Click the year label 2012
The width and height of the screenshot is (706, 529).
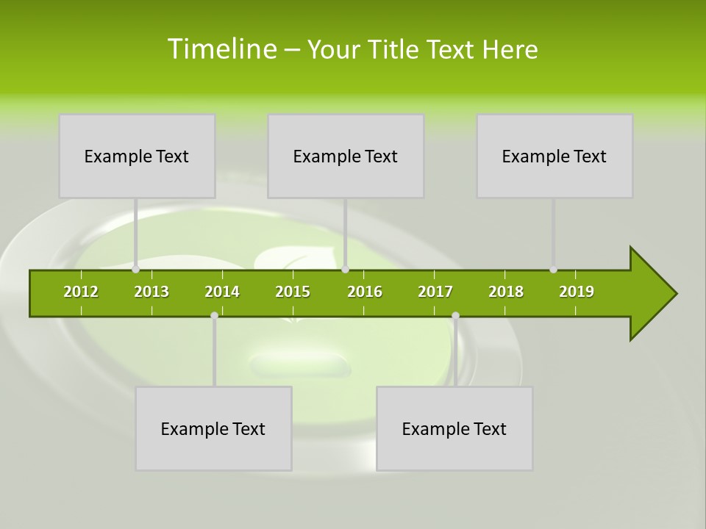point(81,292)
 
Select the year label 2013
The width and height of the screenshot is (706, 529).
point(151,292)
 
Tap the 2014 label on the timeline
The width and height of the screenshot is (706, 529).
point(222,292)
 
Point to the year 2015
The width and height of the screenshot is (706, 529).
point(293,292)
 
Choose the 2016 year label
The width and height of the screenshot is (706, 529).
point(365,292)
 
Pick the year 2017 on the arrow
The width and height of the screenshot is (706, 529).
point(435,292)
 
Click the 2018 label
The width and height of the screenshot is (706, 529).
point(506,292)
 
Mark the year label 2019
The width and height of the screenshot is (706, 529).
point(577,292)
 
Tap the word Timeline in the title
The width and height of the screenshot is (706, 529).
point(221,49)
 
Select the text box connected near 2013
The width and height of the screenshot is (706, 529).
point(137,156)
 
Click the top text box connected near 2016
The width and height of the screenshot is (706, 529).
point(346,156)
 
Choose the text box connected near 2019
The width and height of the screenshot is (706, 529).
point(555,156)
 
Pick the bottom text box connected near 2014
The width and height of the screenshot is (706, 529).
point(213,428)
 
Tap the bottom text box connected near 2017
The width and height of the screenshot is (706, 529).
point(454,428)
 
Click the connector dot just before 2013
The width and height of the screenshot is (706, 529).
point(136,270)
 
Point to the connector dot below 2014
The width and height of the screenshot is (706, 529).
point(214,316)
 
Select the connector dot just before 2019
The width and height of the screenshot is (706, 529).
point(554,270)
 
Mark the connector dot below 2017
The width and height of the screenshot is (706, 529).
point(455,316)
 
